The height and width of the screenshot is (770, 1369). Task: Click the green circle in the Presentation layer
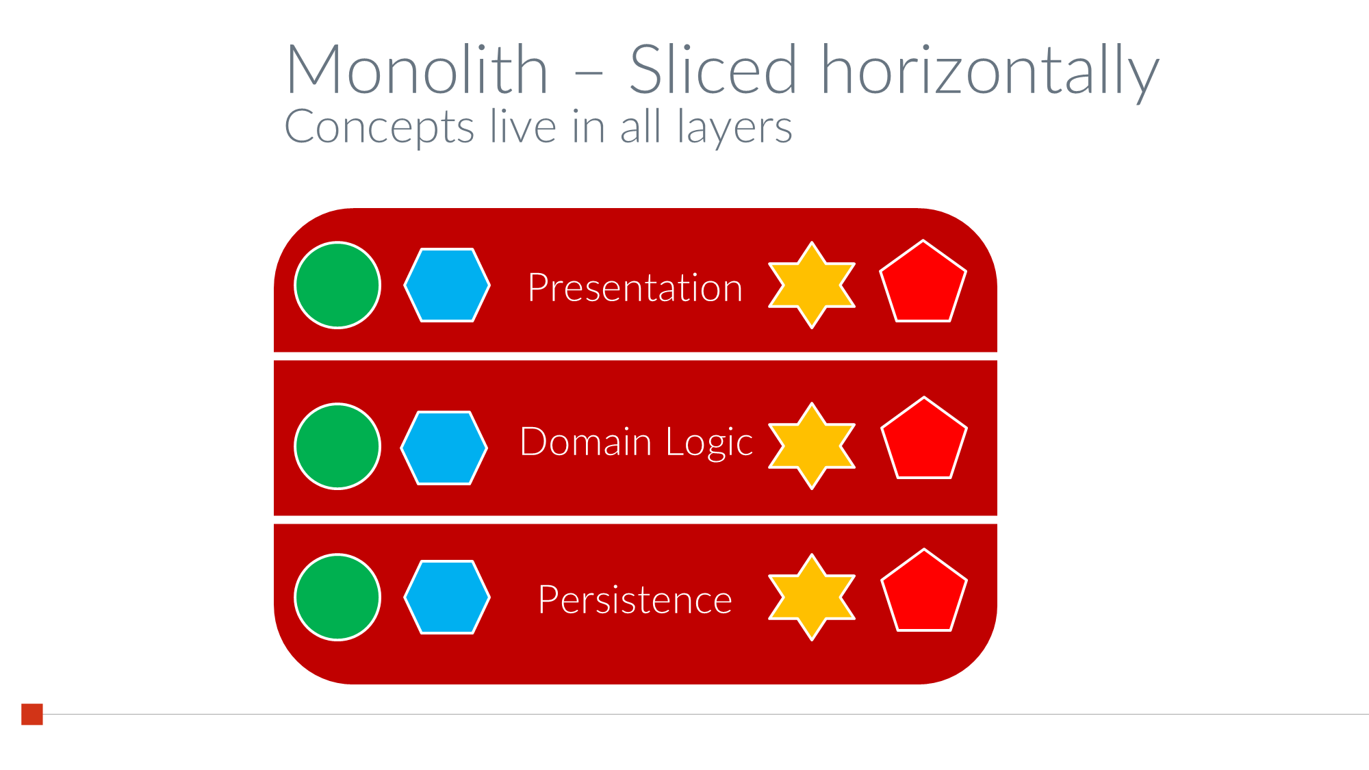pos(337,285)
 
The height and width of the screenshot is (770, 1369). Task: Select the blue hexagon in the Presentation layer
pos(447,285)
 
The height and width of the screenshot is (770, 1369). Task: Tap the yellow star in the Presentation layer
pos(812,285)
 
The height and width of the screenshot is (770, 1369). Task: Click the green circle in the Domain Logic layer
pos(337,446)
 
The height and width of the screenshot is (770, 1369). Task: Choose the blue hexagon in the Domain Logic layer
pos(444,448)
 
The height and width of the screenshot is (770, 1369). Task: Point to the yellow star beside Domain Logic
pos(812,446)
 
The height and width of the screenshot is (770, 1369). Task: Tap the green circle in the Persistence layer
pos(337,598)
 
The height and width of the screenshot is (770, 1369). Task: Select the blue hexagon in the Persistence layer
pos(447,598)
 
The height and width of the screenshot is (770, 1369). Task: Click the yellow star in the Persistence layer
pos(812,598)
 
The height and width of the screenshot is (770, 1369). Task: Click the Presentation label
pos(635,287)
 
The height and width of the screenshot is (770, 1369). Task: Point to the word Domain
pos(586,441)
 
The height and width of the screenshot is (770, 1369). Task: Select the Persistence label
pos(635,600)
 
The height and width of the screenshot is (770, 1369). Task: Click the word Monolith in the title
pos(418,69)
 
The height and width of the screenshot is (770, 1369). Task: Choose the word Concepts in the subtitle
pos(379,128)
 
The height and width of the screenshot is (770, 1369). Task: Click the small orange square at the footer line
pos(32,714)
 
